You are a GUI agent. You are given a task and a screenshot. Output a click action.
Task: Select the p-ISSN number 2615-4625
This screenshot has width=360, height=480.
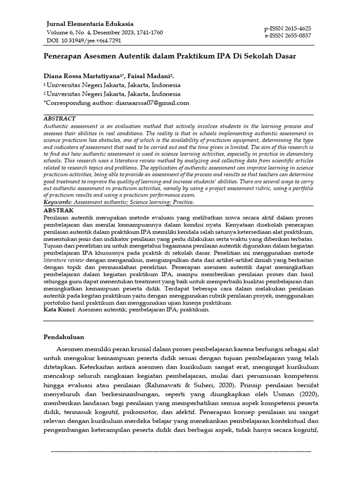(x=288, y=29)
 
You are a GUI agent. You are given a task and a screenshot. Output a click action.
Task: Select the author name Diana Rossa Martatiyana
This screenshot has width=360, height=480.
(x=82, y=75)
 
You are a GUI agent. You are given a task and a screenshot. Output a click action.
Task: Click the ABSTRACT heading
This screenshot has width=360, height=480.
(x=59, y=119)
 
